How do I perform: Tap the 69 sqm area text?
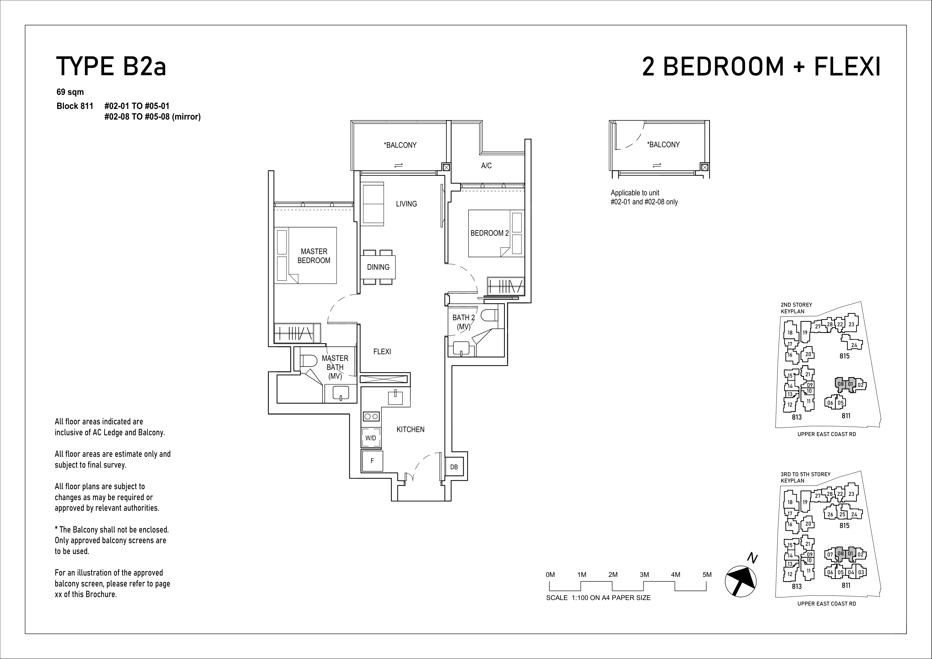pos(70,92)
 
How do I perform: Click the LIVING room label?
pos(406,204)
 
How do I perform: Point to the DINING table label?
pos(378,267)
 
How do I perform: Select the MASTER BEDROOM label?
pos(314,256)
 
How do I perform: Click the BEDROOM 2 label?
pos(490,233)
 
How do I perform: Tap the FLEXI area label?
pos(382,352)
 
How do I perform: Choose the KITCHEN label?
pos(410,429)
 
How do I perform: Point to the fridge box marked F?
pos(372,461)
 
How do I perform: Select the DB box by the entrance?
pos(454,467)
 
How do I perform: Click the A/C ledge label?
pos(486,166)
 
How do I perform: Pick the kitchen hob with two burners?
pos(371,416)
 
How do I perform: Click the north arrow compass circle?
pos(741,581)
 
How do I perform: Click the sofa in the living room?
pos(373,204)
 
